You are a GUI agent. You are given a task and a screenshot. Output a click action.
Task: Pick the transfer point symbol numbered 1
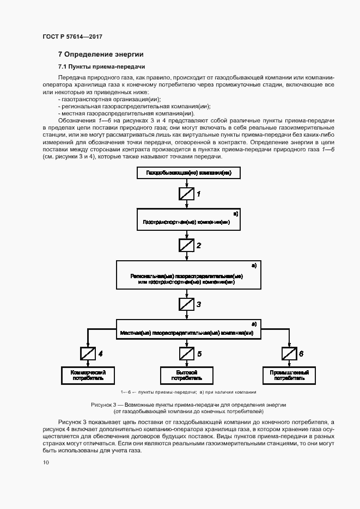pyautogui.click(x=186, y=193)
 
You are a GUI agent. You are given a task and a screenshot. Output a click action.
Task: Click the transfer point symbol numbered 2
pyautogui.click(x=186, y=245)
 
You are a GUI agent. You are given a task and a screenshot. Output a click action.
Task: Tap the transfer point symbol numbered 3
pyautogui.click(x=186, y=304)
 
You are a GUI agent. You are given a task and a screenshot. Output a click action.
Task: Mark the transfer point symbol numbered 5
pyautogui.click(x=186, y=354)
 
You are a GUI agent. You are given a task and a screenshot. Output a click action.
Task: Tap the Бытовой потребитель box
pyautogui.click(x=186, y=375)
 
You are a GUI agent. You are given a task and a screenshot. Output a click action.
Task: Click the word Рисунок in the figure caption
pyautogui.click(x=102, y=405)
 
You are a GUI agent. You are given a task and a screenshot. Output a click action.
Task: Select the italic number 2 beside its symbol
pyautogui.click(x=199, y=246)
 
